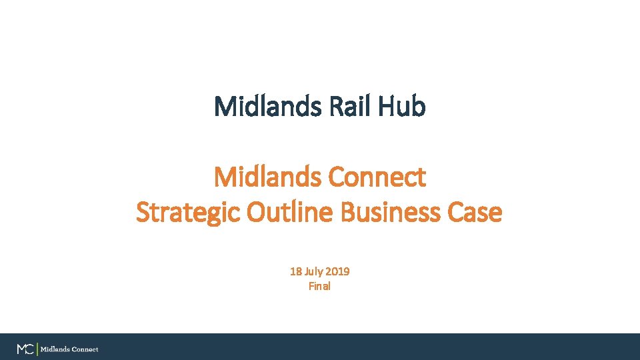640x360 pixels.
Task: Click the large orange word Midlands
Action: click(x=267, y=177)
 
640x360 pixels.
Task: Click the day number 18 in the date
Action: click(x=295, y=272)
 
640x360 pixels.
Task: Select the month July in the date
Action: click(x=315, y=272)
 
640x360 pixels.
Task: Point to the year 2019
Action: click(x=339, y=272)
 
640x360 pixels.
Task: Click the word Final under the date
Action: click(x=319, y=287)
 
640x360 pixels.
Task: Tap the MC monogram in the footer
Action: click(x=25, y=349)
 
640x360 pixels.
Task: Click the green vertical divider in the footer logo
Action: click(x=37, y=349)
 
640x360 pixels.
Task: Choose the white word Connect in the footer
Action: click(x=85, y=349)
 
